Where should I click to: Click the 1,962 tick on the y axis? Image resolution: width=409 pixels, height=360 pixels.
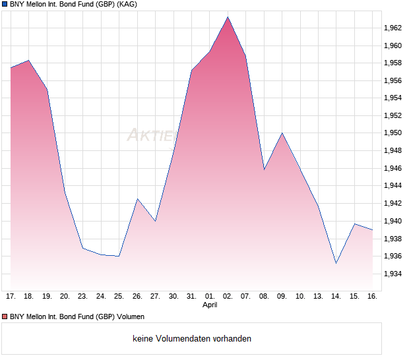coord(394,28)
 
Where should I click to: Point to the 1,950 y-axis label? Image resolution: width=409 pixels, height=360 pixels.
coord(394,133)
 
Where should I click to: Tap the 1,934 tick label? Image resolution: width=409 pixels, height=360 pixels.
coord(394,274)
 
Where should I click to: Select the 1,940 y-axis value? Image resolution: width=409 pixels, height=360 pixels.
coord(394,221)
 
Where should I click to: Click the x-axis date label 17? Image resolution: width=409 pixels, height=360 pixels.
coord(11,297)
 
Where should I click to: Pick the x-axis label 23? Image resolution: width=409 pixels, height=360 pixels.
coord(82,297)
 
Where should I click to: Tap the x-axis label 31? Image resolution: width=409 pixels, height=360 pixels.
coord(191,297)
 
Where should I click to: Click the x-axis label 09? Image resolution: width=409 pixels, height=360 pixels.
coord(282,297)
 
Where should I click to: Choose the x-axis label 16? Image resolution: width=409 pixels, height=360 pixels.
coord(373,297)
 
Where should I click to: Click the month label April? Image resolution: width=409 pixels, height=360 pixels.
coord(209,305)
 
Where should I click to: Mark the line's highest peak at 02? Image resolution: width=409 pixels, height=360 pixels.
coord(228,17)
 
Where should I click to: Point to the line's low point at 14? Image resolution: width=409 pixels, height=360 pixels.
coord(336,263)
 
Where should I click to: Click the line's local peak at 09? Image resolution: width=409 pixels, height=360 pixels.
coord(282,133)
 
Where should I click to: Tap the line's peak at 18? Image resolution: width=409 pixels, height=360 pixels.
coord(28,61)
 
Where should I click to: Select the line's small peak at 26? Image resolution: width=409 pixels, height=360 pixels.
coord(137,198)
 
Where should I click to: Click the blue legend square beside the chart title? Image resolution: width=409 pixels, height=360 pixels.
coord(5,5)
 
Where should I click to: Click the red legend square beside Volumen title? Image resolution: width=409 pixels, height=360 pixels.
coord(5,317)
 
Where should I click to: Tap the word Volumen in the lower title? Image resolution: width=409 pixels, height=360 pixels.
coord(129,317)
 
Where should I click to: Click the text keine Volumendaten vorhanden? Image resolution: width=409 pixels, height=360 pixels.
coord(192,339)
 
